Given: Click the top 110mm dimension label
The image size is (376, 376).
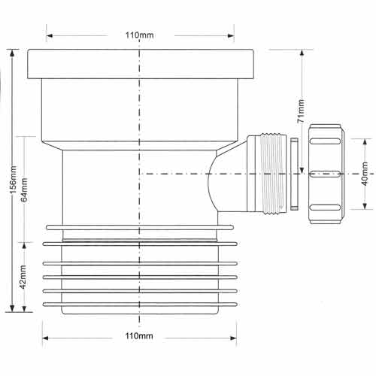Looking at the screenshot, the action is tap(140, 35).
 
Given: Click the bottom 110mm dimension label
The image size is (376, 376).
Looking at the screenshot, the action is tap(139, 335).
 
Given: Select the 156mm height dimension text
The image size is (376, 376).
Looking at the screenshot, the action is tap(13, 180).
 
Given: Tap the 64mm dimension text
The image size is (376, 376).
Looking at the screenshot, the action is tap(24, 190).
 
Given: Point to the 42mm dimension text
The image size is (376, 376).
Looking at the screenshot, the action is tap(23, 277).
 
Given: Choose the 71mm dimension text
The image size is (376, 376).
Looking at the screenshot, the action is tap(301, 111).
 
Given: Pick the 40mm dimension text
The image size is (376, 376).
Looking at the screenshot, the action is tap(365, 174).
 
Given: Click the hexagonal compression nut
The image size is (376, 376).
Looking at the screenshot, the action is tap(326, 174).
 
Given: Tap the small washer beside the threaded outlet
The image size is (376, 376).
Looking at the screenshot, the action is tap(294, 174).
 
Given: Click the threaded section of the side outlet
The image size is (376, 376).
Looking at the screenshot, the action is tap(273, 174).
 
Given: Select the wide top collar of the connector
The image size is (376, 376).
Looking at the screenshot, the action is tap(141, 64).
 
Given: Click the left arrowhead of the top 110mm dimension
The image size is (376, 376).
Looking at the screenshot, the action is tap(50, 35).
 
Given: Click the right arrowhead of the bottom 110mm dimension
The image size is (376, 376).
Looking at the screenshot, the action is tap(233, 338).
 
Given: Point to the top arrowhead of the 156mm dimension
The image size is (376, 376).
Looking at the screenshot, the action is tap(12, 53).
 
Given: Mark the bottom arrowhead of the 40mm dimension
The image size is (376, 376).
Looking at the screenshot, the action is tap(365, 205).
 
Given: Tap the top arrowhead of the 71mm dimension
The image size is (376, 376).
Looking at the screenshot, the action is tap(302, 53).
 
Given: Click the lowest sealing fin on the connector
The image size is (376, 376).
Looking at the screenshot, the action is tap(140, 305).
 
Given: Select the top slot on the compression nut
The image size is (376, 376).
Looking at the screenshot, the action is tap(326, 141).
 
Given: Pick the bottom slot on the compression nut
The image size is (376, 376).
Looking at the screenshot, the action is tap(326, 208).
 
